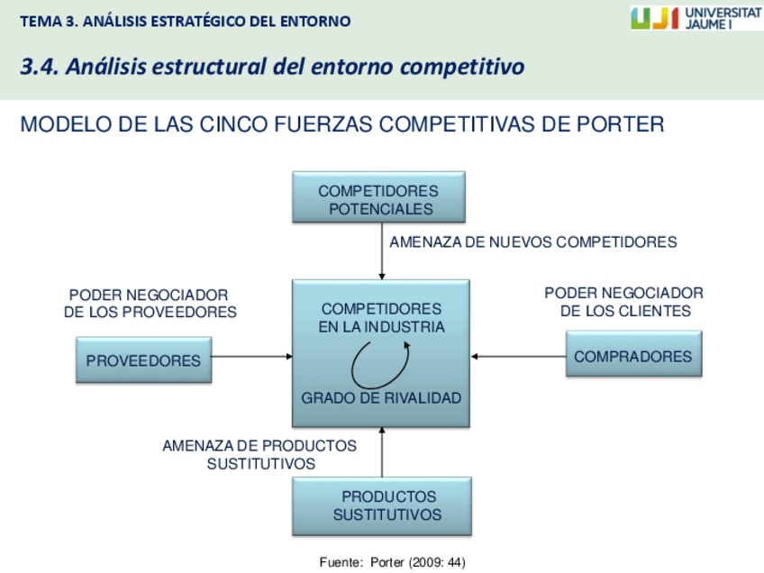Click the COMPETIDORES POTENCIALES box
point(379,197)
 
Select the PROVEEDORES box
point(143,359)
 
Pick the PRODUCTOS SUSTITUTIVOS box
point(382,505)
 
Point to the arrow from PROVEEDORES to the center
point(252,356)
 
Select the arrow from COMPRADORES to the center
point(518,356)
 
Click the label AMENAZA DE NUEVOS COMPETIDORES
point(532,241)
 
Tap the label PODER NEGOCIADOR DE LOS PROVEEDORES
point(150,304)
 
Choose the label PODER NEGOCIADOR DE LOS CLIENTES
point(624,302)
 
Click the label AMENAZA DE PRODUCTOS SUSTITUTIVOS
point(259,454)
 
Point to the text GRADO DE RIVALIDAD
point(381,397)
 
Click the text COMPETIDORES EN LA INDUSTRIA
point(381,318)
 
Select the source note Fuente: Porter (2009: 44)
point(392,562)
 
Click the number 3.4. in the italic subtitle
point(40,67)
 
